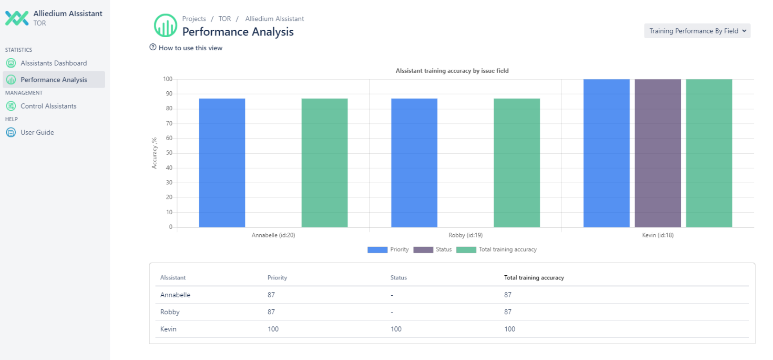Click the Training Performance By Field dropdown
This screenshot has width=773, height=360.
697,31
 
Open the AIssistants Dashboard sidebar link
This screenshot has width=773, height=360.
54,63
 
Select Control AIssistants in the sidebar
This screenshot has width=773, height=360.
48,106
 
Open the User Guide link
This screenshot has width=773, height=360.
37,133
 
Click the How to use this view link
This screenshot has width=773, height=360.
190,48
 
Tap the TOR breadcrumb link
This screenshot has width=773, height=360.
224,19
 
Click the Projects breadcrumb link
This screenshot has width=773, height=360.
194,19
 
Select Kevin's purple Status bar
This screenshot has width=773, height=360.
658,153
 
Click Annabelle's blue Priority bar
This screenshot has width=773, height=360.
222,163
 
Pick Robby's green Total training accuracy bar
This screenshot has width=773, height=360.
516,163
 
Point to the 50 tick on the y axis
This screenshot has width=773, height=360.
169,153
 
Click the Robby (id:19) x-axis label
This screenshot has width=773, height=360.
465,235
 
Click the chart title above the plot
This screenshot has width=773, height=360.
452,71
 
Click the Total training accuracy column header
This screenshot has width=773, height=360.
534,278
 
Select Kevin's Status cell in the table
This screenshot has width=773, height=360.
396,329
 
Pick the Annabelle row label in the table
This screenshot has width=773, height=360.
175,295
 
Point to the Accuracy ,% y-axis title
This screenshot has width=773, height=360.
154,153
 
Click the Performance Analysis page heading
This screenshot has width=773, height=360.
237,32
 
